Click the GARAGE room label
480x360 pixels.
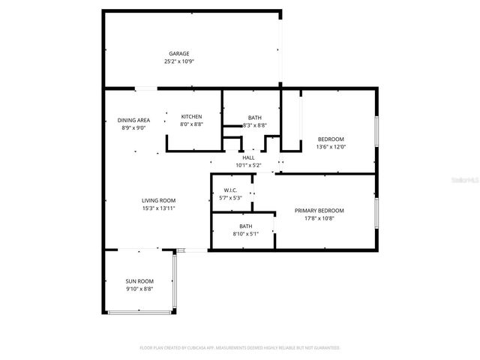pos(178,53)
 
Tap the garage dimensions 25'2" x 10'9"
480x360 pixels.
pos(178,61)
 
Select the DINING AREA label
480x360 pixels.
pos(133,120)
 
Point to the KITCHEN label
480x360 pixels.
pos(192,116)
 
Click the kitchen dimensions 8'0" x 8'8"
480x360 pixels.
pos(192,124)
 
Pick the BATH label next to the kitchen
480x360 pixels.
pos(254,118)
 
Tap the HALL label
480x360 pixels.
pos(247,157)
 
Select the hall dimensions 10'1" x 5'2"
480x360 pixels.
pos(247,165)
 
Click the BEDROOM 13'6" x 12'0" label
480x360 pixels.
pos(331,139)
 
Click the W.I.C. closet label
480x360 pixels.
pos(231,190)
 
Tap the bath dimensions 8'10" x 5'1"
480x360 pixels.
pos(246,234)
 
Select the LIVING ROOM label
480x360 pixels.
pos(158,200)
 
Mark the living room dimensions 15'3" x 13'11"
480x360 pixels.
pos(158,208)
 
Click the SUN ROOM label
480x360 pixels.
pos(139,280)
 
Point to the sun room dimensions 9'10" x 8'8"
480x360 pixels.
pos(139,289)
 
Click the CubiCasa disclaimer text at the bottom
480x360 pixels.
pos(240,348)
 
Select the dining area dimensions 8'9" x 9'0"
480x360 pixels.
pos(133,128)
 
